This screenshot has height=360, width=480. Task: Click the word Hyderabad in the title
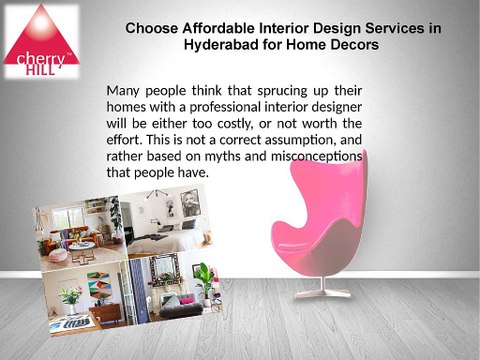tap(223, 46)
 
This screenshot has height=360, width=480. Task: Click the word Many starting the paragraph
tap(127, 90)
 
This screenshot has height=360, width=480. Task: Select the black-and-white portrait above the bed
tap(188, 204)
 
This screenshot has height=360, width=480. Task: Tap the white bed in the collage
tap(180, 240)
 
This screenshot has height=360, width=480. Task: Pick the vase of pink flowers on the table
tap(71, 298)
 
